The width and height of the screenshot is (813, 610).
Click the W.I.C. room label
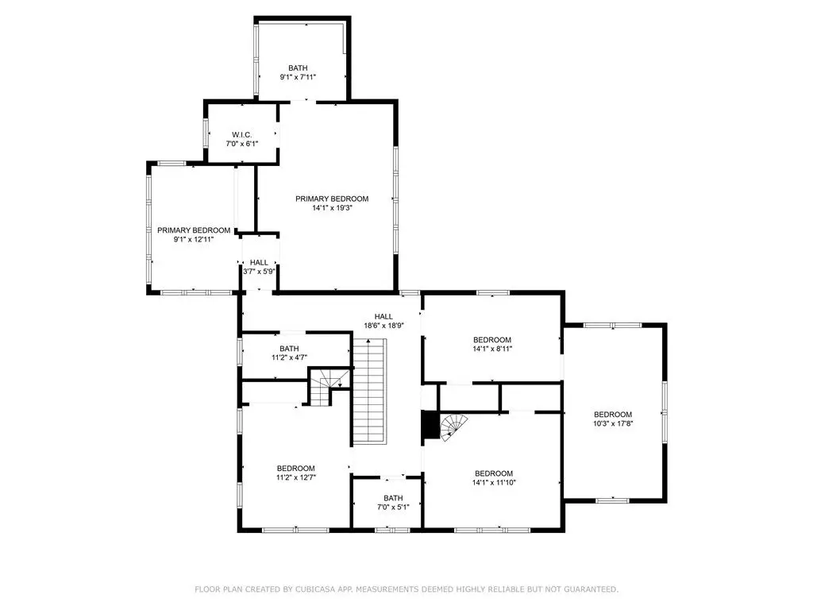coord(241,135)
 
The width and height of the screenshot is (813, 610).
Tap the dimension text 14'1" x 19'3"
coord(332,208)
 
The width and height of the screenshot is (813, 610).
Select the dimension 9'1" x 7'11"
coord(298,77)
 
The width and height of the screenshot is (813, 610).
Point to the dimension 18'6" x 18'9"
coord(383,326)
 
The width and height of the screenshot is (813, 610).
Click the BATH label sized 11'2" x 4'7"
coord(289,349)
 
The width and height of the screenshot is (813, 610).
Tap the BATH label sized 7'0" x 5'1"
coord(393,498)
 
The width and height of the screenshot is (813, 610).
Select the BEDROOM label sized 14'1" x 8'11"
coord(492,340)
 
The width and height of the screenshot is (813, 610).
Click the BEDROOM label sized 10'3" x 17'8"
coord(613,415)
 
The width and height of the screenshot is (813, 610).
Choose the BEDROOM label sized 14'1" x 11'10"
coord(494,473)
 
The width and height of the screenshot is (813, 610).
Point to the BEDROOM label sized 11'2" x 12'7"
coord(295,469)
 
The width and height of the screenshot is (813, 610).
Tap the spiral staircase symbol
coord(453,427)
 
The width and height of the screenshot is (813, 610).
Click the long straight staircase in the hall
coord(370,391)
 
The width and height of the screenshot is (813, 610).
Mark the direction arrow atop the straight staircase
coord(368,341)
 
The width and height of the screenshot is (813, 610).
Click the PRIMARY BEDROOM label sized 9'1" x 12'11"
coord(194,230)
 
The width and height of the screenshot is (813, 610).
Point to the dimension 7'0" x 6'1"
coord(241,144)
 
